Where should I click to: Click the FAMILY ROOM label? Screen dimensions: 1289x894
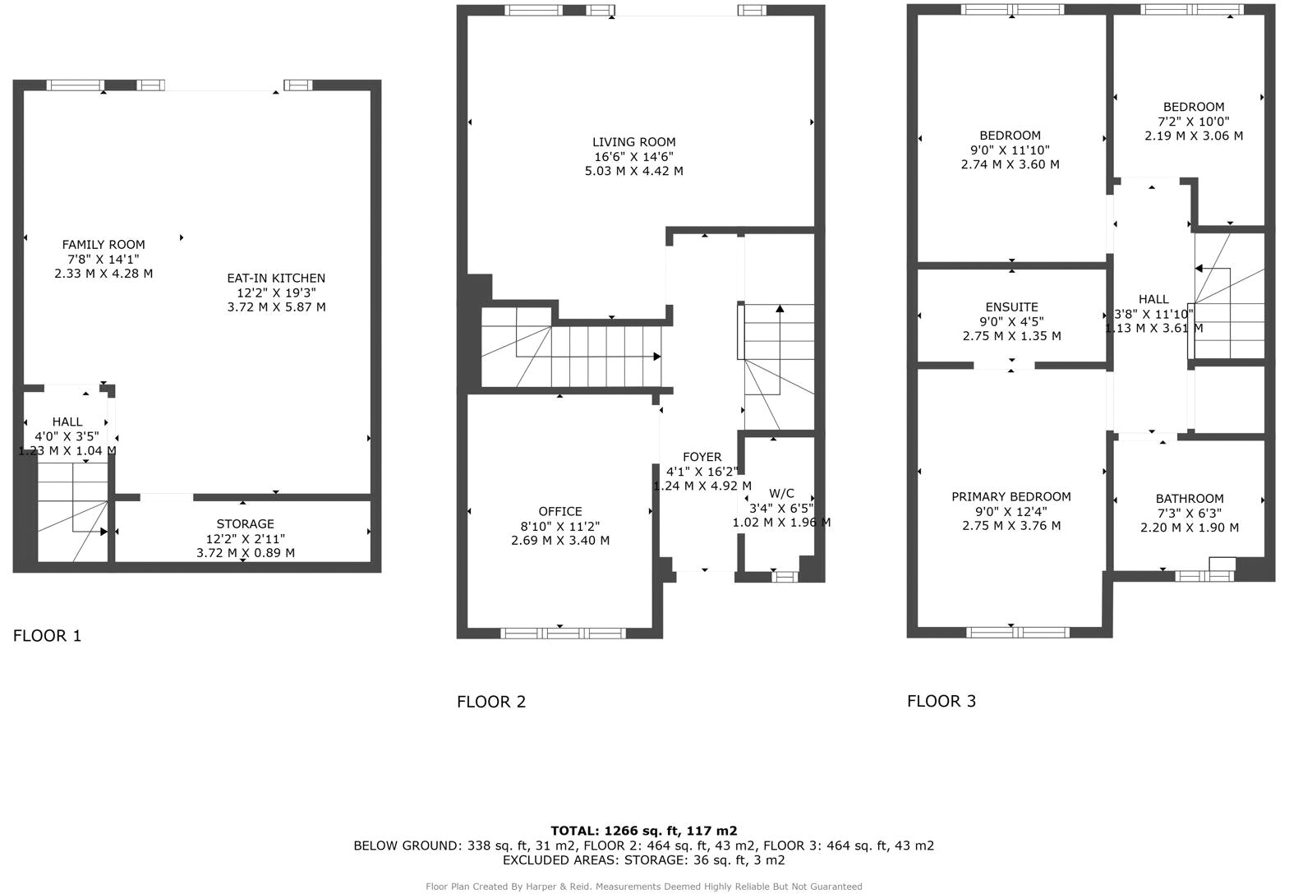coord(104,245)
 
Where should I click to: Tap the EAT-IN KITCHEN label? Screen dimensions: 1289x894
coord(276,278)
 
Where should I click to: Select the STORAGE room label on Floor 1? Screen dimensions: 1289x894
coord(245,524)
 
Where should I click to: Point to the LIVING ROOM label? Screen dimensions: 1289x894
coord(634,142)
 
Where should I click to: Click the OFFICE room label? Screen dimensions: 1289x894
coord(560,512)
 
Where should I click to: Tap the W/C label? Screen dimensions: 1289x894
coord(781,493)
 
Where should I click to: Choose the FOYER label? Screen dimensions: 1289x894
coord(702,457)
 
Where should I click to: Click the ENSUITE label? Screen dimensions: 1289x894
coord(1012,307)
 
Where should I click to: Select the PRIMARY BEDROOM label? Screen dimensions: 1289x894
coord(1011,497)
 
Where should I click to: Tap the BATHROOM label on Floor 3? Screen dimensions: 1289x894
coord(1190,499)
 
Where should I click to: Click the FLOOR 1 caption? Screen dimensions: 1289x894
coord(47,636)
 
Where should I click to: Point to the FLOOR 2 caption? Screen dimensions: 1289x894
coord(491,702)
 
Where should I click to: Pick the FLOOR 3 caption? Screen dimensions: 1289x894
coord(942,701)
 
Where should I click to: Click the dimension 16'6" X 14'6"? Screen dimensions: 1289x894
coord(634,157)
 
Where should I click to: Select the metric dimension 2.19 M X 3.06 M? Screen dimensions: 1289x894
coord(1194,136)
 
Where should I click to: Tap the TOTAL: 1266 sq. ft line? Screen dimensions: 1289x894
coord(644,831)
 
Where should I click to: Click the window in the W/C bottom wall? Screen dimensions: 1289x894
coord(785,577)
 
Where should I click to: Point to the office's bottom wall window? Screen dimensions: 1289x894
coord(563,634)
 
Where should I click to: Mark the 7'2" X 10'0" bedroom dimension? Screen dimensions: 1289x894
coord(1194,122)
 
